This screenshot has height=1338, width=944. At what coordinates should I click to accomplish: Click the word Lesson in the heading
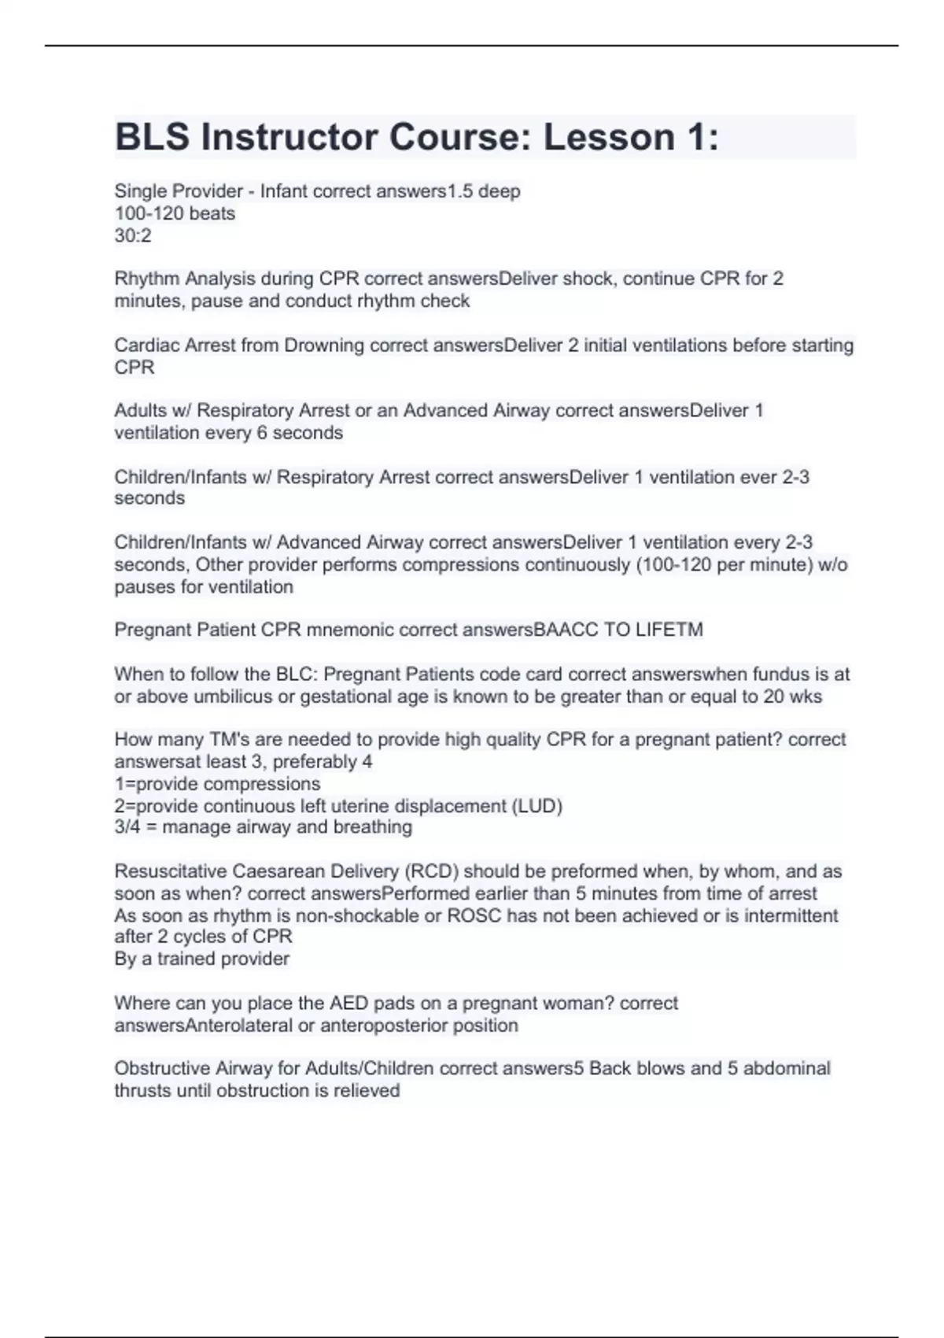point(608,137)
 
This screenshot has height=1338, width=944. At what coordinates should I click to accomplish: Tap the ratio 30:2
point(133,235)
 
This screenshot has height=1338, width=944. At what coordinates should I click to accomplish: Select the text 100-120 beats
point(175,213)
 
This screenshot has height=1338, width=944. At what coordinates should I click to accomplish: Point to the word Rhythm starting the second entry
point(146,279)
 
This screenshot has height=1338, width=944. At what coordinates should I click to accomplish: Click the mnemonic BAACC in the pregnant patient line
point(566,630)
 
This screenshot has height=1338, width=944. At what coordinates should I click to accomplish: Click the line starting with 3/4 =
point(263,827)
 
